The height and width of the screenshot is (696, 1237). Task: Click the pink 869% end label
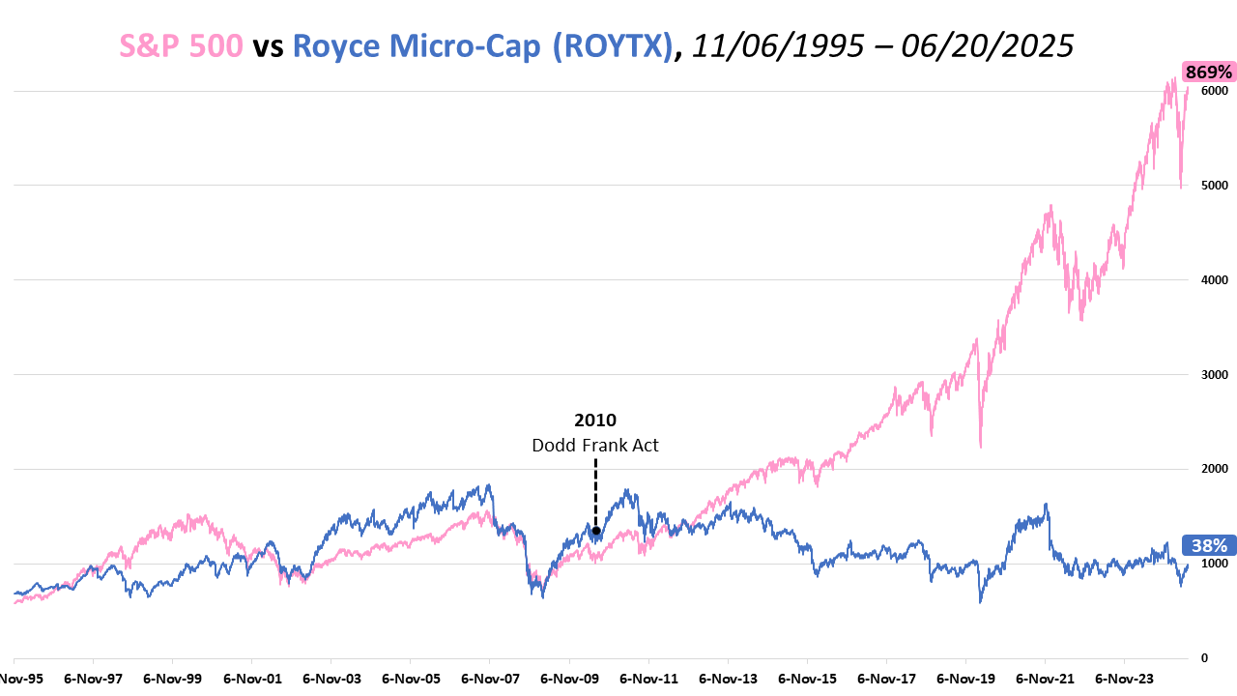[1208, 72]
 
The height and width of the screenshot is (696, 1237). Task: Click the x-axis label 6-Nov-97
[93, 680]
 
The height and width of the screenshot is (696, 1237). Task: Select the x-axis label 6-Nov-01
[251, 680]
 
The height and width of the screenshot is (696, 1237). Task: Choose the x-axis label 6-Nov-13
[728, 680]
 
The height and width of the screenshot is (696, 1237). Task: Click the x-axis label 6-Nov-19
[965, 680]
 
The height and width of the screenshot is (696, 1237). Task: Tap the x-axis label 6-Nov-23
[1124, 680]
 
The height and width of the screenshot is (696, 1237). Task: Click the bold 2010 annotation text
[595, 420]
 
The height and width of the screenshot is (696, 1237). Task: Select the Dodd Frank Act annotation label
[595, 446]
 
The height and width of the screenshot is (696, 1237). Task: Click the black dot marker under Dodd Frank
[596, 531]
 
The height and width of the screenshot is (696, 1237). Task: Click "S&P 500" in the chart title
[181, 45]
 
